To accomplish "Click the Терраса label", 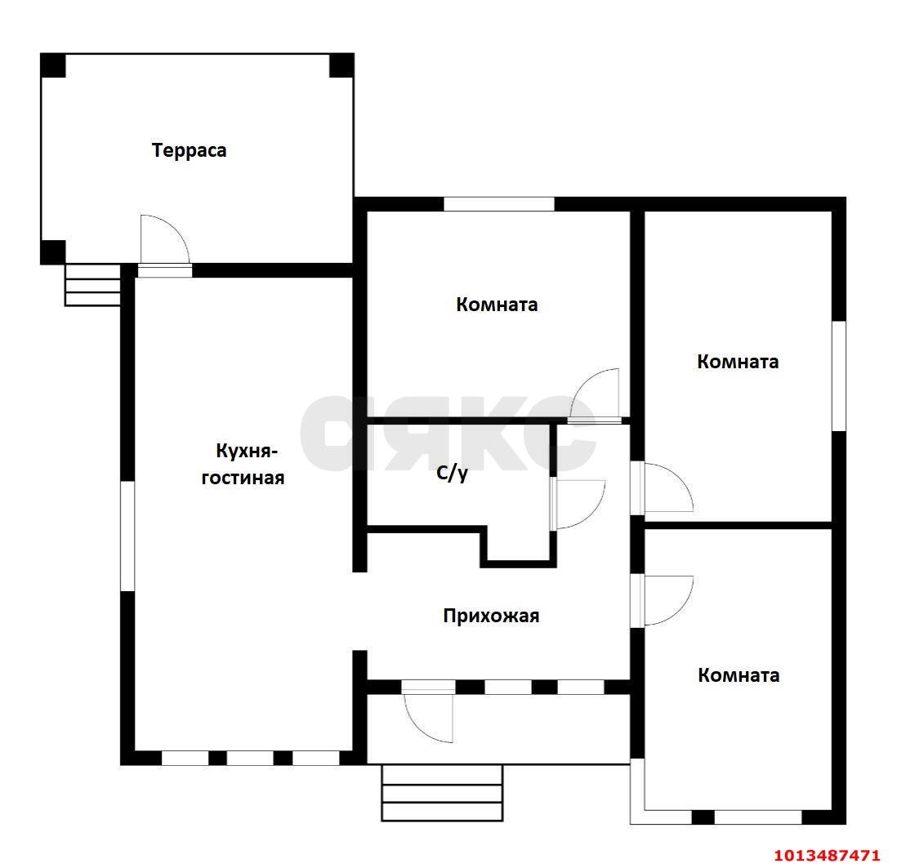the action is coord(189,150).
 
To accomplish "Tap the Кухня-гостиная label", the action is coord(243,465).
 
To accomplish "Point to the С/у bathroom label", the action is coord(452,473).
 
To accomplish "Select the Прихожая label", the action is coord(491,616).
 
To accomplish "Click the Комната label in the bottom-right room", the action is coord(738,675).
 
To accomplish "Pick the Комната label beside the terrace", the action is coord(497,305).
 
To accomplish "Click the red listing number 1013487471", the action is coord(827,856).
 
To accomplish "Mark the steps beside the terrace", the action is coord(92,285).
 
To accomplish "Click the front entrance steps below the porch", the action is coord(442,793).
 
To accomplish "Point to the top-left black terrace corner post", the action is coord(52,65).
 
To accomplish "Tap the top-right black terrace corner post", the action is coord(341,65).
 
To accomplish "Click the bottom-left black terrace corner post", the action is coord(52,252).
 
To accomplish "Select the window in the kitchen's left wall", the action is coord(127,536).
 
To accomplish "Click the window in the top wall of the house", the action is coord(499,203).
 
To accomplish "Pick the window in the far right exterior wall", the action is coord(839,376).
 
